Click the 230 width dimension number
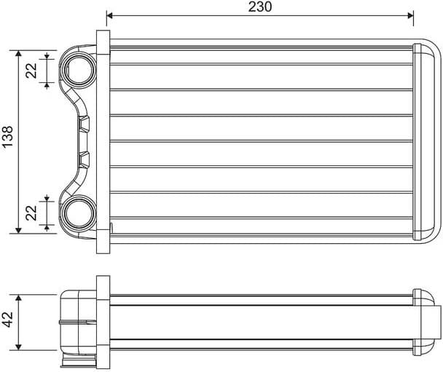(260, 7)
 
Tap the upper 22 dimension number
(31, 70)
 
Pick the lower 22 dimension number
(31, 213)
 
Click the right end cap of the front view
(422, 141)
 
